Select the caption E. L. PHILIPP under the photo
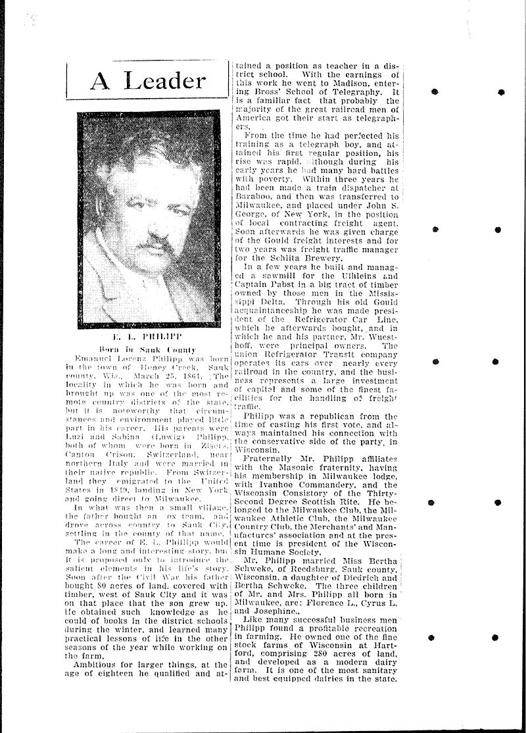tap(148, 336)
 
